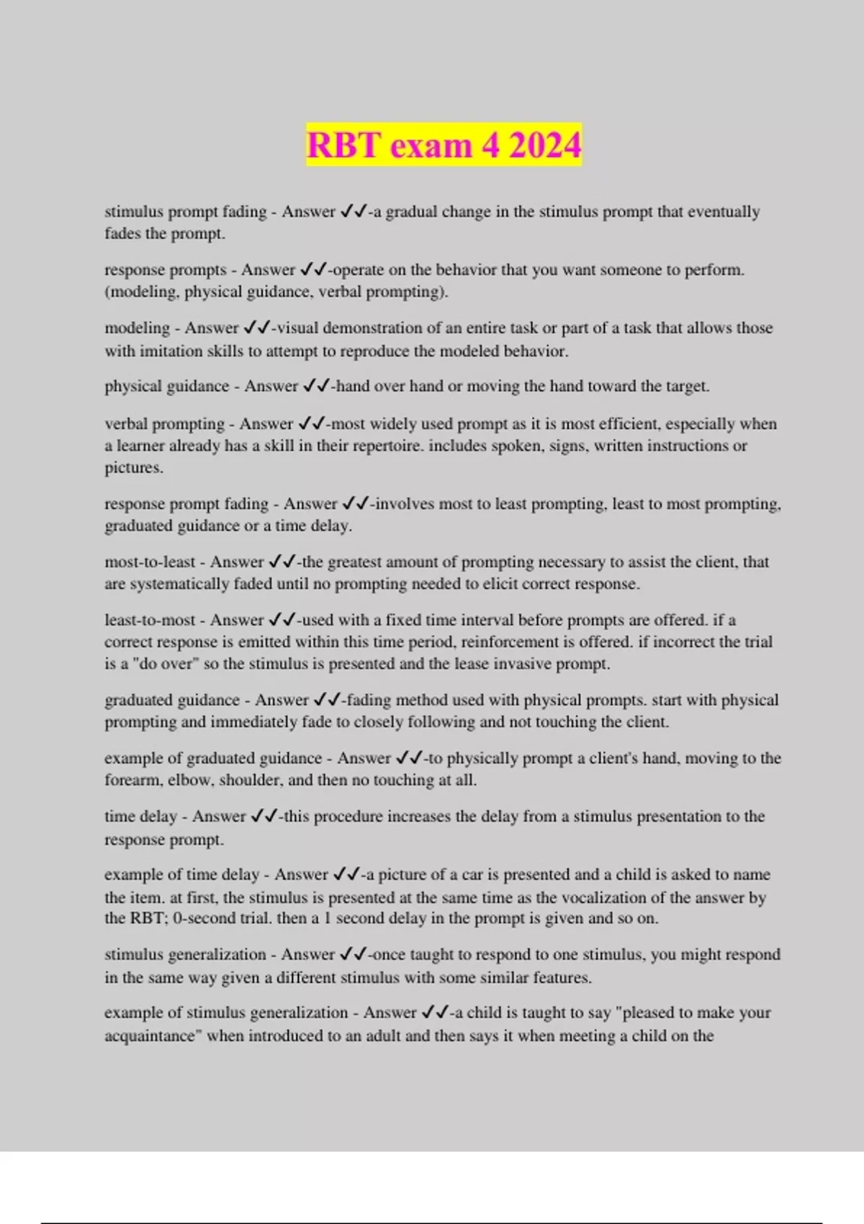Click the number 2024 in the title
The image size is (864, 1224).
click(544, 145)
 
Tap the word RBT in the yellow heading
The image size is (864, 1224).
click(343, 145)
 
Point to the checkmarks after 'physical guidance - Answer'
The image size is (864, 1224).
click(316, 387)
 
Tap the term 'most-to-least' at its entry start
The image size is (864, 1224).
click(150, 562)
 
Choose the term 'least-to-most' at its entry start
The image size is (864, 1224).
click(150, 620)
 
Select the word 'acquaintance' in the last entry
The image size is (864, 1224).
click(150, 1036)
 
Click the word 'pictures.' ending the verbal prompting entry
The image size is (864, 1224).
click(134, 468)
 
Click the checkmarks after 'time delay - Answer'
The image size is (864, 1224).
click(264, 816)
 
